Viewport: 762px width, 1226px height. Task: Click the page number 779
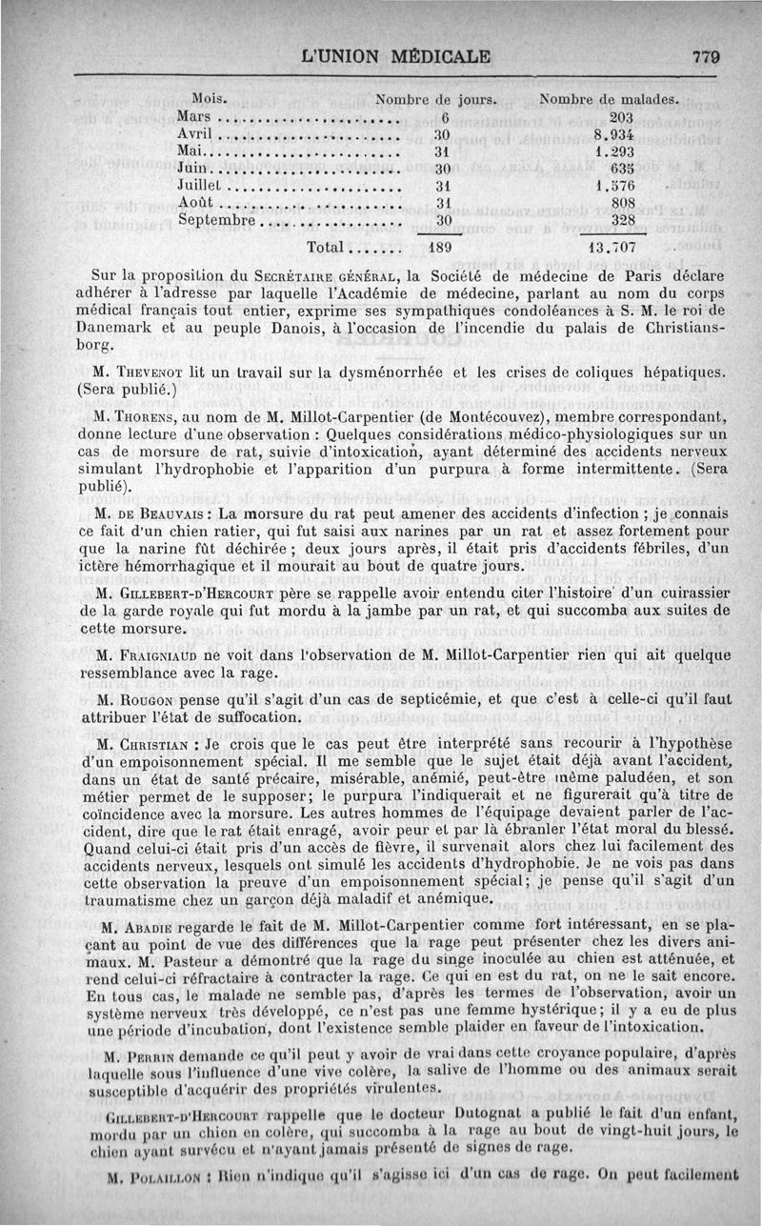706,56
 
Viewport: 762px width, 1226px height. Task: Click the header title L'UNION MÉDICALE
395,56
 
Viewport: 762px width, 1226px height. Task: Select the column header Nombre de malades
609,98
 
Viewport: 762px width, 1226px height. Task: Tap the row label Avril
194,133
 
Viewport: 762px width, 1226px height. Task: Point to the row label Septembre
218,220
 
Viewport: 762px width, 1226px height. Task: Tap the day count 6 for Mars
444,116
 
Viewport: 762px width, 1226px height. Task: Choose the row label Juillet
200,186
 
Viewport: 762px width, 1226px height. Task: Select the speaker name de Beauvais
157,513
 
